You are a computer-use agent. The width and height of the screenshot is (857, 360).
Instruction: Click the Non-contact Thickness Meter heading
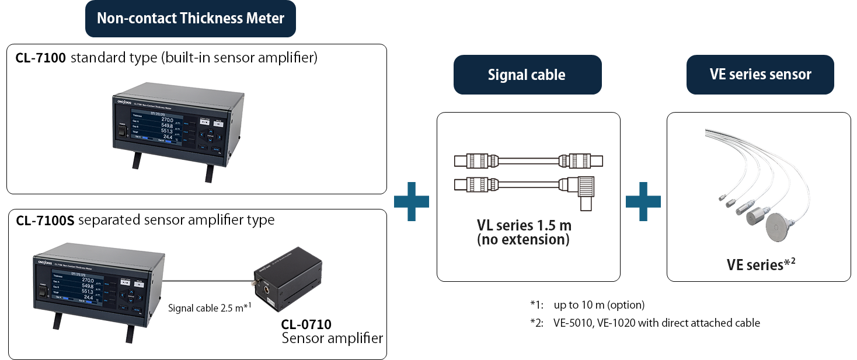(190, 18)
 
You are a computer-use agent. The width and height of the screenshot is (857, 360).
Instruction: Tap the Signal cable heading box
(527, 75)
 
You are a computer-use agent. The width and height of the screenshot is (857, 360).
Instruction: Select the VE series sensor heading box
(760, 75)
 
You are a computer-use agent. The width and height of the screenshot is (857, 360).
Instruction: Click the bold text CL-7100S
(45, 220)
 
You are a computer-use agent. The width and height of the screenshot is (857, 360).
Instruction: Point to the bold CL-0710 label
(306, 324)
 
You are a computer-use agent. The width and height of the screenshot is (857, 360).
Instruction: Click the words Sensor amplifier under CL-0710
(332, 338)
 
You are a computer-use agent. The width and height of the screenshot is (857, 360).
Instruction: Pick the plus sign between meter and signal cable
(412, 201)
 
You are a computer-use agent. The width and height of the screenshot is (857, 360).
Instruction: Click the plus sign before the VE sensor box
(643, 201)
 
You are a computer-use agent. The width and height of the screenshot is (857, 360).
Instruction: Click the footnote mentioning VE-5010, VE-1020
(657, 323)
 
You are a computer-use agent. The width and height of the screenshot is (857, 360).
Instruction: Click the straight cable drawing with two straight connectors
(528, 160)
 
